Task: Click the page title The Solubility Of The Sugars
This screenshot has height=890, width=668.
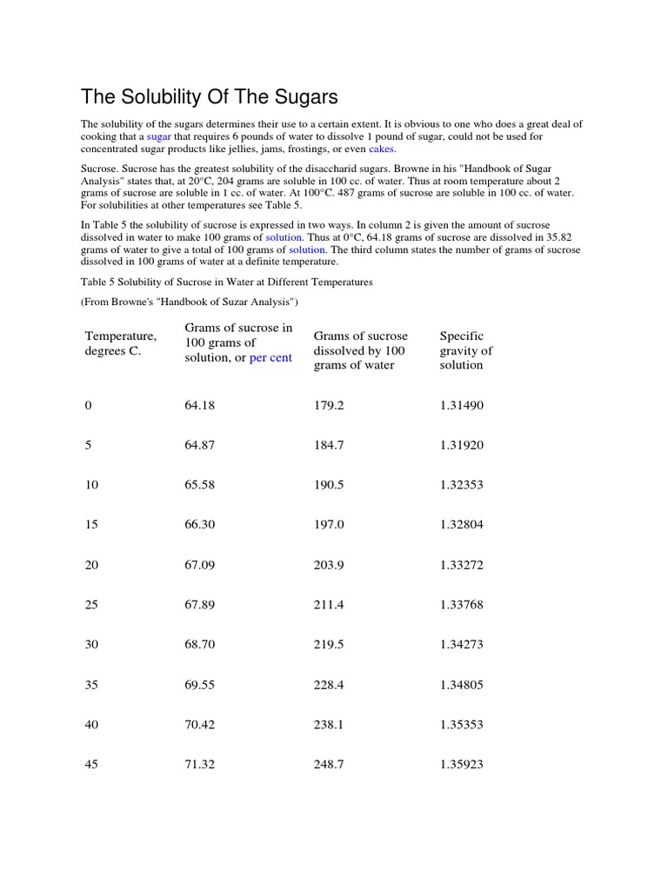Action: point(209,96)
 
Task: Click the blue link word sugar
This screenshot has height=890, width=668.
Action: point(158,136)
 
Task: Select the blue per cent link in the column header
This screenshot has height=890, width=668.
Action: point(271,358)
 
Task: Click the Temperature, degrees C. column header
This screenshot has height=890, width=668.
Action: point(121,343)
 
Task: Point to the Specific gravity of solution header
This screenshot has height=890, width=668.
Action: point(466,350)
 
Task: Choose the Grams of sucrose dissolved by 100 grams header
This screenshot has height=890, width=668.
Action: point(360,350)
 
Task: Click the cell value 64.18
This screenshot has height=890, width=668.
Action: point(199,405)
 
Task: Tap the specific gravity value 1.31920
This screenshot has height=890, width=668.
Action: point(462,445)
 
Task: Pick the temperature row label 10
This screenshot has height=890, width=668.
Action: point(91,485)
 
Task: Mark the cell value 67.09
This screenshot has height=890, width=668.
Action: point(199,565)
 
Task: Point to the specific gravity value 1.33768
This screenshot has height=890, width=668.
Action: point(462,605)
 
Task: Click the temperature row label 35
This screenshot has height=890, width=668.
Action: point(91,685)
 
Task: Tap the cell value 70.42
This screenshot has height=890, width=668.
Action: point(199,725)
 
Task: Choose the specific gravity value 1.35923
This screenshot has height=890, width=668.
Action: point(462,765)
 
